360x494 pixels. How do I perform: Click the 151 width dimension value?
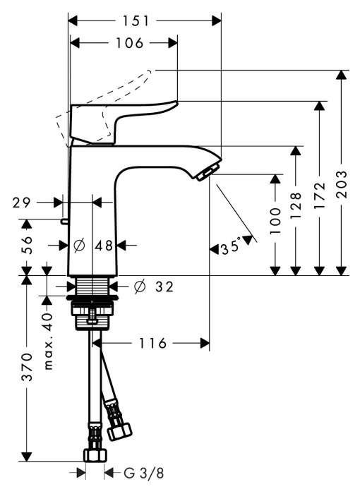click(136, 20)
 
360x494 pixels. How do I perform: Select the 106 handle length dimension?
click(130, 43)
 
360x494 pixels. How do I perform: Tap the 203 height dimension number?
click(341, 184)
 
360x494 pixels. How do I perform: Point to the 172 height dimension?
click(319, 195)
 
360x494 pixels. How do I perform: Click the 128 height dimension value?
click(295, 205)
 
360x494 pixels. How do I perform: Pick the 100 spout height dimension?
click(275, 220)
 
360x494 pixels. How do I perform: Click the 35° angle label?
click(231, 246)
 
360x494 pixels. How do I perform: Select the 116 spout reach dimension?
click(152, 343)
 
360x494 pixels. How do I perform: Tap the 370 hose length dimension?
click(27, 367)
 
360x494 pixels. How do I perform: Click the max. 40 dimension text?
click(48, 341)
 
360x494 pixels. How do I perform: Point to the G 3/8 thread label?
click(144, 473)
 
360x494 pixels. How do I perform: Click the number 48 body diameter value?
click(104, 246)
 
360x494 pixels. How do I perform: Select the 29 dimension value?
click(22, 203)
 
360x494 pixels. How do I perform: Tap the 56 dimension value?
click(27, 244)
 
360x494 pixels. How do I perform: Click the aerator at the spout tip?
click(205, 174)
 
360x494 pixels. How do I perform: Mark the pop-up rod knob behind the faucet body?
click(64, 222)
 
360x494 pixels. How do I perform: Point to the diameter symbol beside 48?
click(79, 246)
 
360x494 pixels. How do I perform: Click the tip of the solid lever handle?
click(176, 102)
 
